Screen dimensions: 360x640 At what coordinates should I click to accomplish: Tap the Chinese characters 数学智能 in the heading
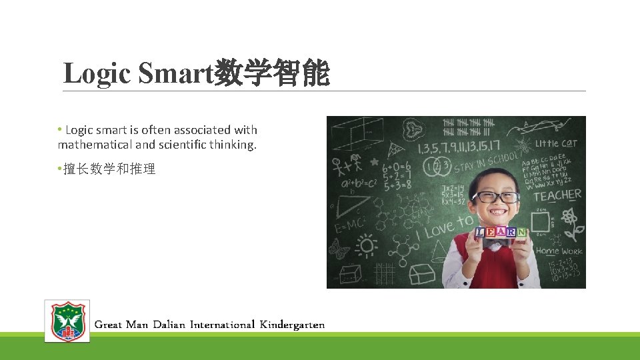point(272,74)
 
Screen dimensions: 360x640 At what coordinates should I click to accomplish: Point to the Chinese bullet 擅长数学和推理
point(109,169)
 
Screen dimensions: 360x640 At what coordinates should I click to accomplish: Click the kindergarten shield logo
point(67,321)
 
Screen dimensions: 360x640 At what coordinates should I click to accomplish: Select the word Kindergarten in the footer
point(292,325)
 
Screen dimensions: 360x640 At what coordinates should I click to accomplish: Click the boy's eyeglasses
point(496,197)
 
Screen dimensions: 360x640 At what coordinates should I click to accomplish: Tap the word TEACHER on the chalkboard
point(557,195)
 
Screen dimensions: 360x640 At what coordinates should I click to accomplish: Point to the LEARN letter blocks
point(501,232)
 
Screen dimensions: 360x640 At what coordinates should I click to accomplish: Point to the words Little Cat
point(557,143)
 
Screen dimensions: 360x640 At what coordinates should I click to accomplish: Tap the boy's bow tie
point(494,245)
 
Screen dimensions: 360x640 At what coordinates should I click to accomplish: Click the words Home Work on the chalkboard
point(559,251)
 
